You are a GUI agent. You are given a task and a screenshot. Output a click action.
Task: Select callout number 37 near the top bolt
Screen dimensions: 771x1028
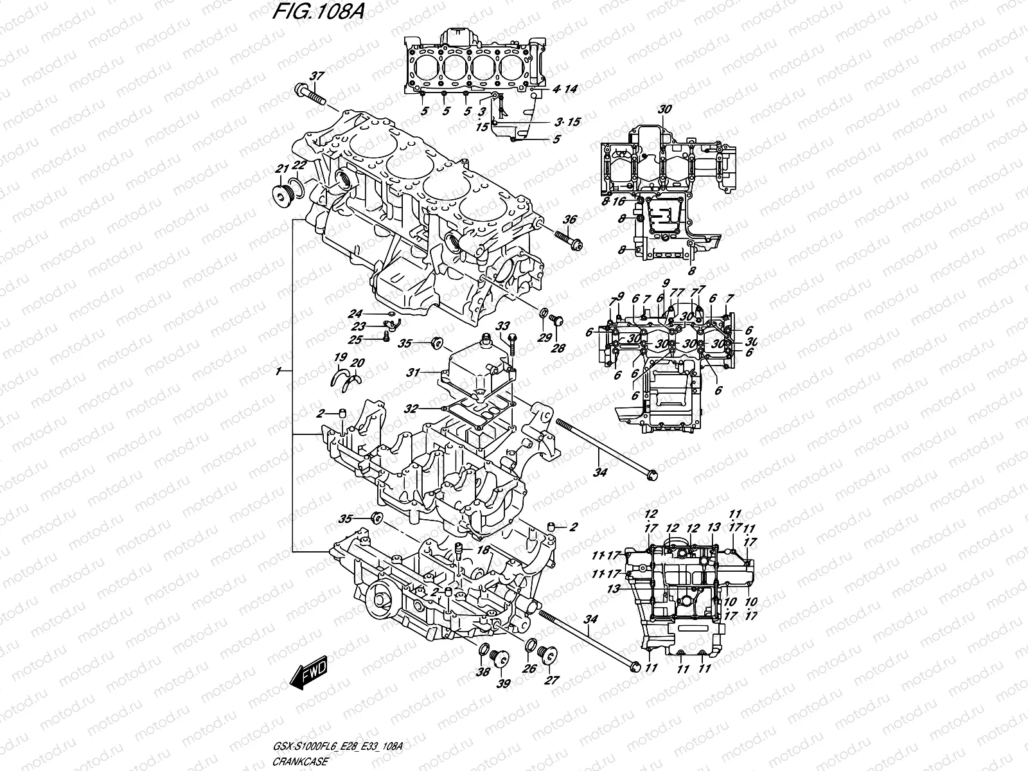pos(315,76)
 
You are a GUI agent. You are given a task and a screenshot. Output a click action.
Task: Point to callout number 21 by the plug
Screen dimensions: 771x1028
pos(280,169)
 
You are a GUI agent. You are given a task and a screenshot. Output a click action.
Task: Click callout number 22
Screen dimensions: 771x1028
pos(299,165)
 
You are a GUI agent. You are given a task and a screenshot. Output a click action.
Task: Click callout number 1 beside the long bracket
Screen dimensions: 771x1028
pos(278,371)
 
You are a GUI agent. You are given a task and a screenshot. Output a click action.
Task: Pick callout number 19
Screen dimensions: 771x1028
pos(340,357)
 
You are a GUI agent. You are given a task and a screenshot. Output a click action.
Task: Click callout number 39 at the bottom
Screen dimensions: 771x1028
pos(503,684)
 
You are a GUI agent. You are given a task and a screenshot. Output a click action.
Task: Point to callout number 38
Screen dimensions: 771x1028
pos(483,671)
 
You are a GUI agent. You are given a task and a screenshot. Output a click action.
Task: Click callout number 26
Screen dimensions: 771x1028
pos(528,669)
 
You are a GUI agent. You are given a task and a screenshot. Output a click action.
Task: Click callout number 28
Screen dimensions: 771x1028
pos(556,348)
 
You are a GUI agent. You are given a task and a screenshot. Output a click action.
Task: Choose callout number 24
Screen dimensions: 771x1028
pos(355,314)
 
